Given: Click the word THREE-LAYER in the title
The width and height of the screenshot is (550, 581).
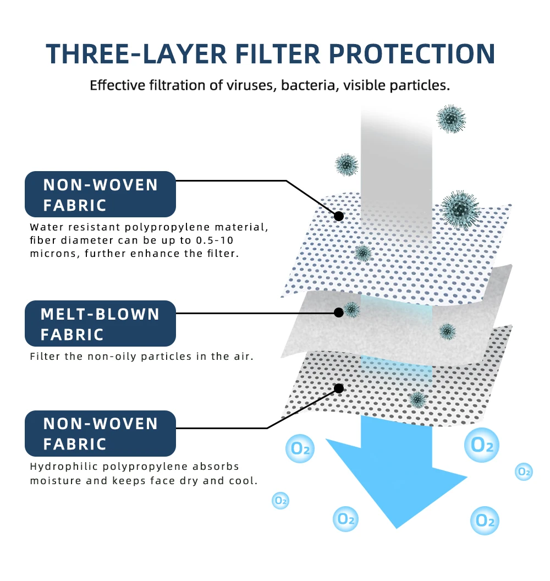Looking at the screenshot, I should (x=136, y=54).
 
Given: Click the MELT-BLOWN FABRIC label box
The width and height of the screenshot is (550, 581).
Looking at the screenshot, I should (x=100, y=324).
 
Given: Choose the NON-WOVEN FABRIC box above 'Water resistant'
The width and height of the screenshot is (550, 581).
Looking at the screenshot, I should (x=100, y=194).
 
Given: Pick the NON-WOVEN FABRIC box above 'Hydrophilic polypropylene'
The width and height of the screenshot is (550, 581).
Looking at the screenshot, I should (x=100, y=434).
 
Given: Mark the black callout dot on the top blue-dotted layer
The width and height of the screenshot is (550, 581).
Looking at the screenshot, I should (x=339, y=216).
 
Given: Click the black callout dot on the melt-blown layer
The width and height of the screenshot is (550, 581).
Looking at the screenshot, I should (x=339, y=313).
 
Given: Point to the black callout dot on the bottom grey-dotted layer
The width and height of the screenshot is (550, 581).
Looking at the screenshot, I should (x=339, y=388).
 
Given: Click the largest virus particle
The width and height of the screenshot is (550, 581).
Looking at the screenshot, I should (x=460, y=210).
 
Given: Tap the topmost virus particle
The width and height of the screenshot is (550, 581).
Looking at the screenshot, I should (x=450, y=118).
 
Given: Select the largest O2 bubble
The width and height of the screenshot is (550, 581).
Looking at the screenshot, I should (x=482, y=445).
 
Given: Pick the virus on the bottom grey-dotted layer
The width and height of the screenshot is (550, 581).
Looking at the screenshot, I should (x=418, y=399).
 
